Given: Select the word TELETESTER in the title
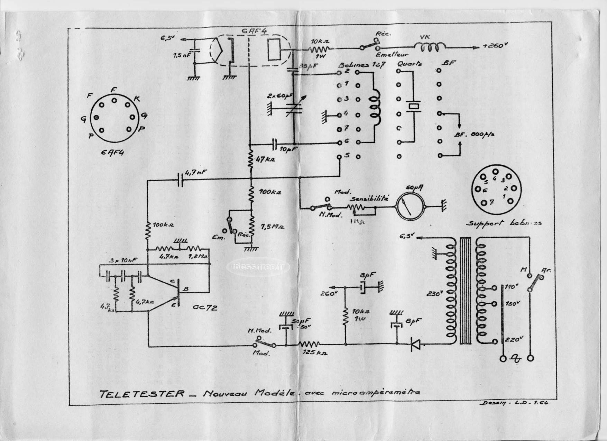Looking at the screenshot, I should [142, 394].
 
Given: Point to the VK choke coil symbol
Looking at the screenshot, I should [430, 47].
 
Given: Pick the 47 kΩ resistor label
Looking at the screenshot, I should [265, 159].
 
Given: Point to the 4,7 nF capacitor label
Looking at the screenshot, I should [196, 172].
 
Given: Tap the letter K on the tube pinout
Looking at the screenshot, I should [137, 99].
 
